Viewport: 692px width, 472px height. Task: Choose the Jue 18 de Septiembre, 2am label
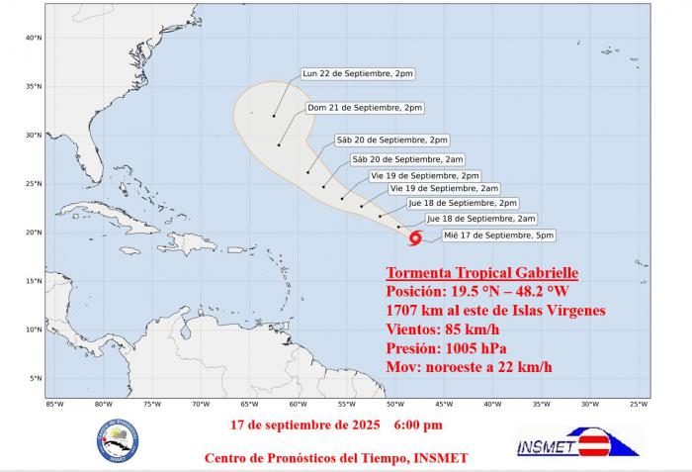(x=480, y=219)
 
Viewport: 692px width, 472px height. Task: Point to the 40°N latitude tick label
(x=33, y=39)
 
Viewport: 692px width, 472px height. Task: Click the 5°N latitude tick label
(x=35, y=378)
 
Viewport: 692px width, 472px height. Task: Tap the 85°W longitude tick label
(x=54, y=404)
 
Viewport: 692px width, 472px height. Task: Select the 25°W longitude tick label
(x=639, y=404)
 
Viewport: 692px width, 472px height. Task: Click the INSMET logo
(x=577, y=442)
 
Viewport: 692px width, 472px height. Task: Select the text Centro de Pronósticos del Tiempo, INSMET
(x=336, y=457)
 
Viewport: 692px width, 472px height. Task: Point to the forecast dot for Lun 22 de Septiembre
(x=274, y=116)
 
